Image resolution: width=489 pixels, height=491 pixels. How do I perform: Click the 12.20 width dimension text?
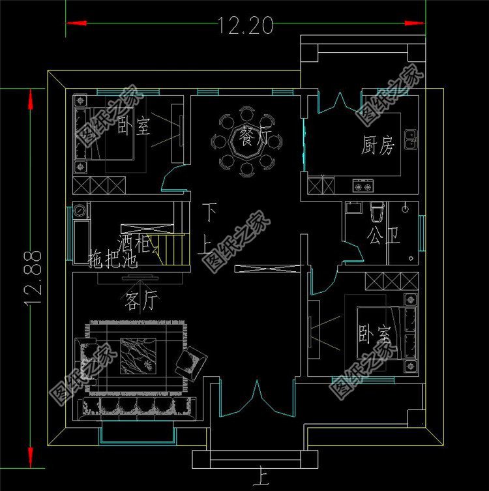[245, 25]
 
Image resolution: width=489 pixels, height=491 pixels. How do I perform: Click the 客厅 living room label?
[141, 300]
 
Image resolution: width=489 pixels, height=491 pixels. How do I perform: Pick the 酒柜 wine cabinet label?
[135, 245]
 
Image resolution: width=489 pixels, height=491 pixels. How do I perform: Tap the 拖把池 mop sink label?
[112, 262]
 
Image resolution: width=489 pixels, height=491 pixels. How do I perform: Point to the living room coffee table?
[137, 355]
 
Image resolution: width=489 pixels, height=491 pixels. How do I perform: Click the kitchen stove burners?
[364, 186]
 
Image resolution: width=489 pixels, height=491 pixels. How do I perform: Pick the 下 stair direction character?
[209, 211]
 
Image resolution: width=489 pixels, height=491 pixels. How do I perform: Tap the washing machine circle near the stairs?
[80, 211]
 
